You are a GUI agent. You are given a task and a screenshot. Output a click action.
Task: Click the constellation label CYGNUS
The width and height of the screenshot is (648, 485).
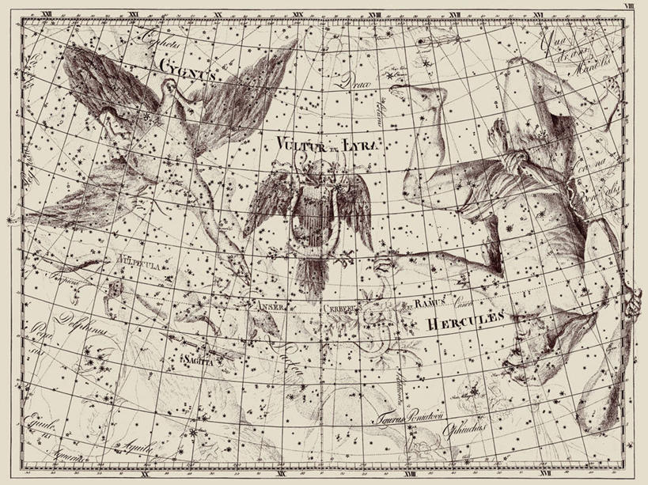click(x=186, y=66)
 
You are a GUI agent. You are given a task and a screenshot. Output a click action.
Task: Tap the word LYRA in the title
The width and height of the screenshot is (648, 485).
click(x=362, y=142)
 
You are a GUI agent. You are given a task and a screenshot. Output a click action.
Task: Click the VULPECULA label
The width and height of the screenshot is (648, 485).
click(x=116, y=259)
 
